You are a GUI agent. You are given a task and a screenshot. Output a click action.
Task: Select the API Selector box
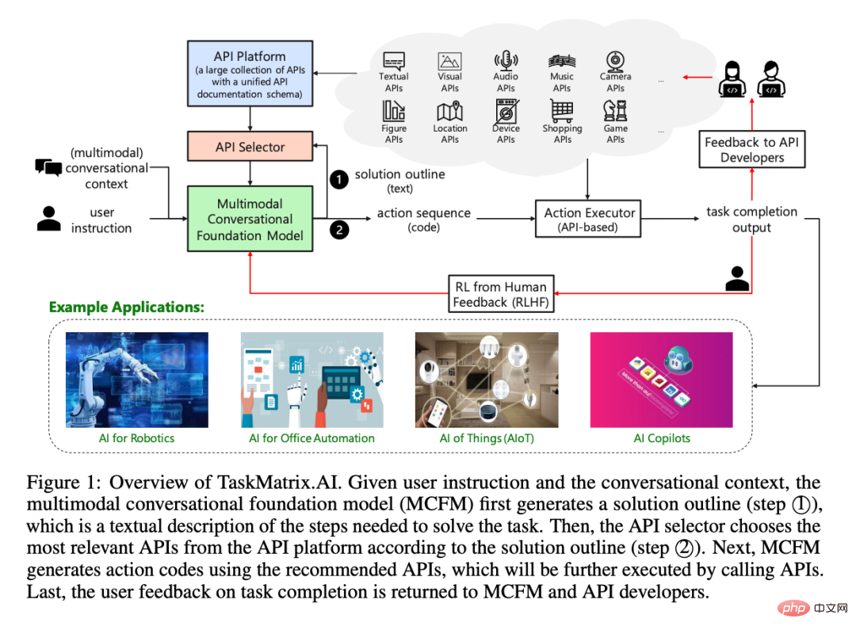(250, 147)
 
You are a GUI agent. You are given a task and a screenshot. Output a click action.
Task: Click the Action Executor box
(589, 220)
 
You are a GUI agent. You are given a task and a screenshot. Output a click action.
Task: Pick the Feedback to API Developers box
(751, 150)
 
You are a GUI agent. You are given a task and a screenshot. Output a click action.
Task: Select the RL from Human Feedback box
(500, 294)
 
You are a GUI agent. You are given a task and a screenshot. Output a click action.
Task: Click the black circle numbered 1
(338, 180)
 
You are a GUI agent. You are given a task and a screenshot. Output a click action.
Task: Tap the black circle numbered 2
(338, 231)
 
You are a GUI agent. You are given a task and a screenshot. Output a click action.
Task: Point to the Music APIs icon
(561, 61)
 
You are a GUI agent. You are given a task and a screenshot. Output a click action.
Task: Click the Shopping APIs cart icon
(562, 112)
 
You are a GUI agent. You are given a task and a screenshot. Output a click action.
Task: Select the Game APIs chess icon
(616, 112)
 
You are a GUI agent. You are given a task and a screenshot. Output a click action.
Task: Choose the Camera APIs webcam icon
(616, 61)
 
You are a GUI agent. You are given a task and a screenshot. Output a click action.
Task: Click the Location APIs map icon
(449, 112)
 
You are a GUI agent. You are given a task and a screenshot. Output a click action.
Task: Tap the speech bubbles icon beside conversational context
(48, 167)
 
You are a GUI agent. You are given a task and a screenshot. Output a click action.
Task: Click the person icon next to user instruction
(49, 219)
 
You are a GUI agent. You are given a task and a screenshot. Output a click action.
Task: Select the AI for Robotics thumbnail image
(136, 380)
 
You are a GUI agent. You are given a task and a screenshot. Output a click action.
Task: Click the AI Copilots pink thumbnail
(662, 380)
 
